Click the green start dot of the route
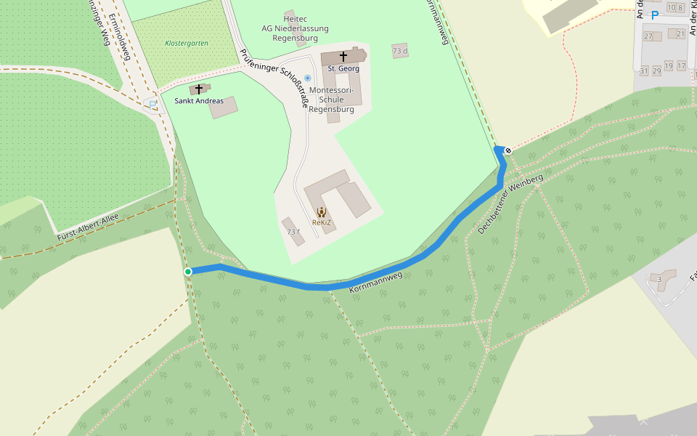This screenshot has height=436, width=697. point(188,272)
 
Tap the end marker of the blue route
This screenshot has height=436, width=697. point(508,150)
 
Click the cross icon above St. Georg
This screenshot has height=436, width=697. point(343,56)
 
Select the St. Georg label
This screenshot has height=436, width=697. point(343,68)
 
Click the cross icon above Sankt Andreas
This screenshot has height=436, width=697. point(198,89)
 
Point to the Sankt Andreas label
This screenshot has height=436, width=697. point(199,101)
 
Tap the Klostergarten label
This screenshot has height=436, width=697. point(187,44)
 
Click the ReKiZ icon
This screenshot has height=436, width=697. point(322,211)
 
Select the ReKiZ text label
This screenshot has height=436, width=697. point(321,222)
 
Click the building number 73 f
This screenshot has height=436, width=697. point(293,232)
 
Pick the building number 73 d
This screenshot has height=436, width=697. point(400,51)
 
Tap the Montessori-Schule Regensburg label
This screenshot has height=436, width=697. point(331,100)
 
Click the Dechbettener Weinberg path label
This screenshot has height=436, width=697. point(510,204)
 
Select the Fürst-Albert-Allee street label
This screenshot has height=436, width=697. point(87,224)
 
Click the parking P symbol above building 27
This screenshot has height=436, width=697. point(655,15)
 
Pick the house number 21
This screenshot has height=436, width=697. point(680,33)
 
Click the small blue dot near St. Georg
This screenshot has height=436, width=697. point(308,78)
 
